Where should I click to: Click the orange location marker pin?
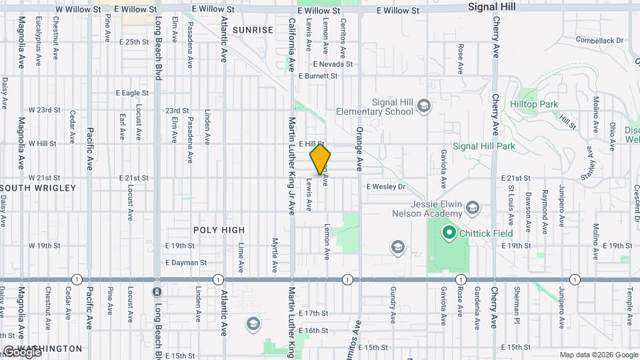tap(321, 159)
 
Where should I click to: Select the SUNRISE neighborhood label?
tap(253, 30)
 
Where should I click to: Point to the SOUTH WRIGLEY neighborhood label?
tap(39, 188)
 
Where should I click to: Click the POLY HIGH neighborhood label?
tap(219, 230)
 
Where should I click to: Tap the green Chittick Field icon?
tap(449, 233)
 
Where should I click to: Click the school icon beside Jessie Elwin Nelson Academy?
tap(473, 208)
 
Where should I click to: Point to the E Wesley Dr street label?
tap(385, 187)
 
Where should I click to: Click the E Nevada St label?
tap(333, 64)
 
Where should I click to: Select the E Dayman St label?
tap(185, 263)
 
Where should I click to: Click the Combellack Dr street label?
tap(599, 41)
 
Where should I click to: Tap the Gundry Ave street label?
tap(393, 301)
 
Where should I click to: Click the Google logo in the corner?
tap(21, 352)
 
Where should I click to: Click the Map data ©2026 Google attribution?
tap(599, 355)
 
